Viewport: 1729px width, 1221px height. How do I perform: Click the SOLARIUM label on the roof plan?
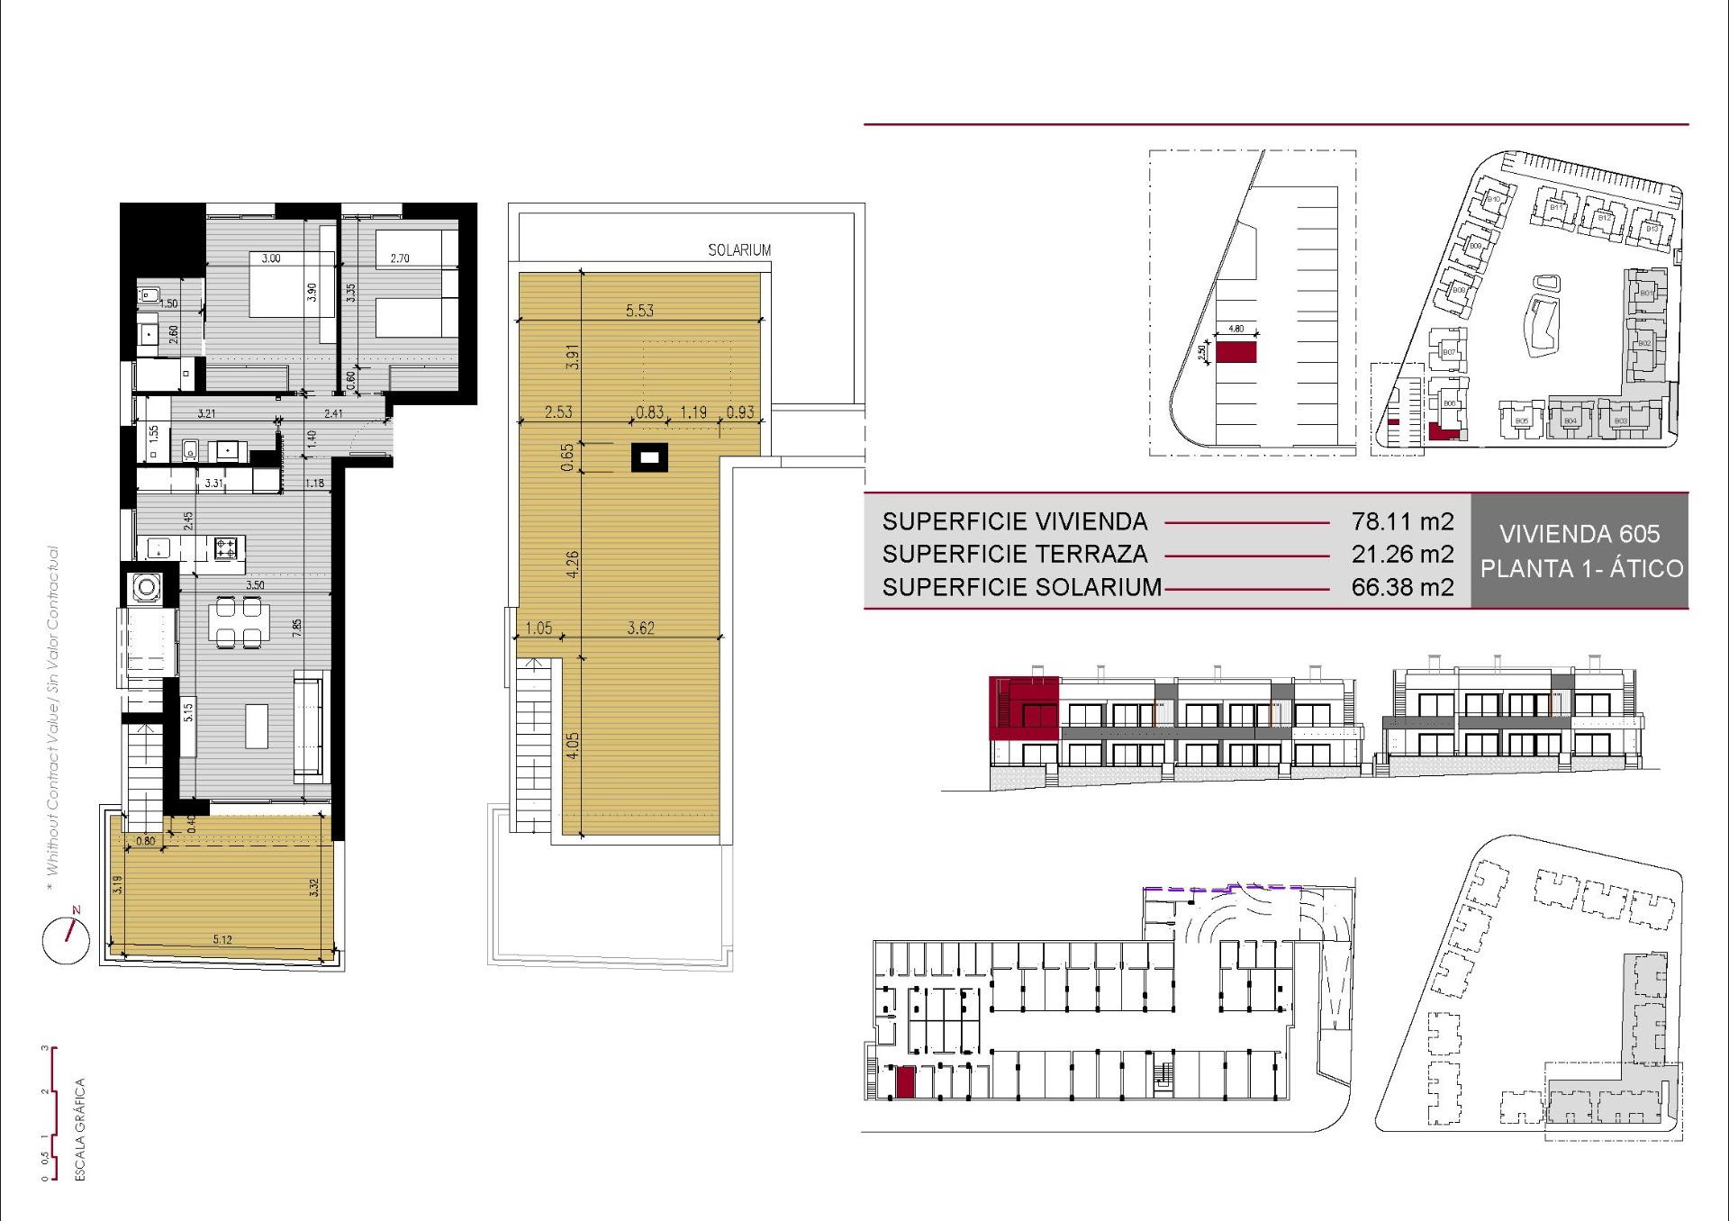[x=739, y=250]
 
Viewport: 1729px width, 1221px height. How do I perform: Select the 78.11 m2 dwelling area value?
[x=1402, y=521]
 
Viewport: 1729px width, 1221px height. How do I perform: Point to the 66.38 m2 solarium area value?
[x=1402, y=588]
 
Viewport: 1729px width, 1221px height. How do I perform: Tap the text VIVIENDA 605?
[x=1580, y=534]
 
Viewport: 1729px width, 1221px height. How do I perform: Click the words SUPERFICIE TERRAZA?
[x=1015, y=555]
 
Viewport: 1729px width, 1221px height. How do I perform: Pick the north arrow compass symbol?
[x=66, y=940]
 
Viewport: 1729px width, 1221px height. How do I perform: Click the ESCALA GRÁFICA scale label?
[x=80, y=1129]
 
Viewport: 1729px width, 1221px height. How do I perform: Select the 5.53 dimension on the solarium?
[x=639, y=311]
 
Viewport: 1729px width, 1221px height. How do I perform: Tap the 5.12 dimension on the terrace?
[x=222, y=940]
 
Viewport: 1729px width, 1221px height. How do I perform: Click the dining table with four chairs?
[x=239, y=623]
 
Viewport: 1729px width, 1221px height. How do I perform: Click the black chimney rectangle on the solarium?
[x=649, y=458]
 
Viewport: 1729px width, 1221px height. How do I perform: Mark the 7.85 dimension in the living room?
[x=297, y=628]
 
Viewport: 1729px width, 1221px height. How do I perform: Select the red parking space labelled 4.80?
[x=1236, y=352]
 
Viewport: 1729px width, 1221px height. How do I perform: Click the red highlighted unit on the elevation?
[x=1024, y=708]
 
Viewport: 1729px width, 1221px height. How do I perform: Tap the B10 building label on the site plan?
[x=1494, y=199]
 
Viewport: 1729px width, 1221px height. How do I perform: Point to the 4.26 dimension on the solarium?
[x=573, y=564]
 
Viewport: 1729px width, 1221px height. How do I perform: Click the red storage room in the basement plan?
[x=905, y=1082]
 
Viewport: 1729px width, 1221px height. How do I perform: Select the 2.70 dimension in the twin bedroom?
[x=400, y=258]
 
